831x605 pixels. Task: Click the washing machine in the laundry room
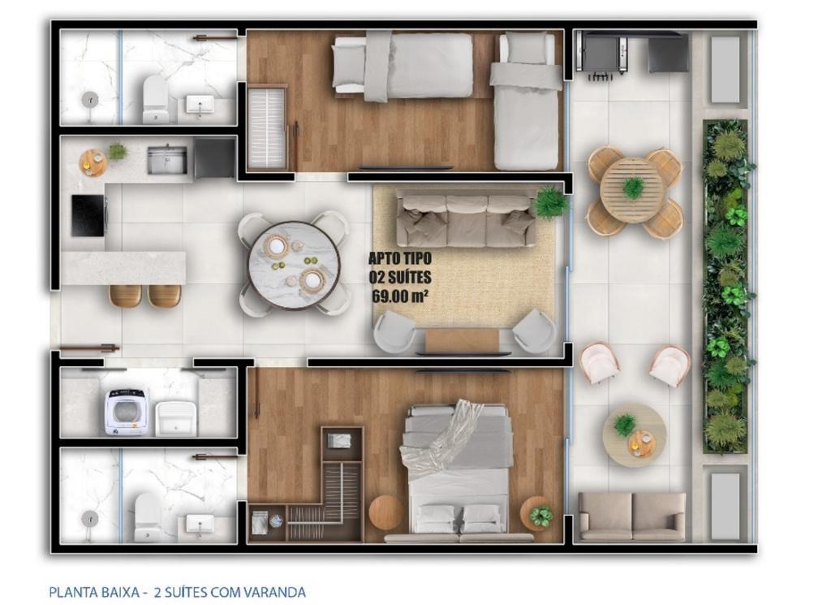pos(127,412)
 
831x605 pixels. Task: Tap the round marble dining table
pos(294,265)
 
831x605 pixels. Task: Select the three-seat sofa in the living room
pos(467,221)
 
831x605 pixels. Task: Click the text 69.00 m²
pos(400,296)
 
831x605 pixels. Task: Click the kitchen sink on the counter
pos(167,160)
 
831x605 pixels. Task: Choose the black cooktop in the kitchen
pos(88,216)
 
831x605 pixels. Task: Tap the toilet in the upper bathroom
pos(155,98)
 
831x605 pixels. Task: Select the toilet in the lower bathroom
pos(148,517)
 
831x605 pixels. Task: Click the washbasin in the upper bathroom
pos(200,105)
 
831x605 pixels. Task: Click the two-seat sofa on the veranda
pos(631,516)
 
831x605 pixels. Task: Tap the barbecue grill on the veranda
pos(599,54)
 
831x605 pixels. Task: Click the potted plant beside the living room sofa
pos(552,202)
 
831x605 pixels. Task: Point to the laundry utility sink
pos(176,418)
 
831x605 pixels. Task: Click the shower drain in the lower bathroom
pos(89,517)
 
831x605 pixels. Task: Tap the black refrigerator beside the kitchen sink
pos(214,158)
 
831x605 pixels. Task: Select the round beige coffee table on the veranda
pos(634,435)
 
